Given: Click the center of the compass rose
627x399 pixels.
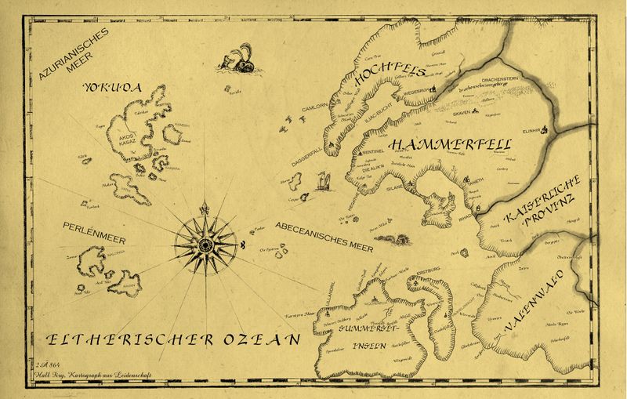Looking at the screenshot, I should tap(205, 244).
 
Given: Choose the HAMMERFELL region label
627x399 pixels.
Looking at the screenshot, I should tap(449, 146).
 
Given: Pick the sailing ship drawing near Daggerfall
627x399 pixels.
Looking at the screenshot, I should tap(321, 183).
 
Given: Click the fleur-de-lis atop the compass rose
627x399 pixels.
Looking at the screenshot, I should tap(205, 210).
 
